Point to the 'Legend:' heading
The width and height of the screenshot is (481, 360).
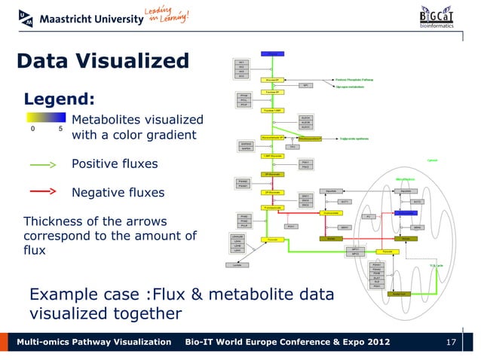60,99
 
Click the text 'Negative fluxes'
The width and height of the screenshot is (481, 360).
117,193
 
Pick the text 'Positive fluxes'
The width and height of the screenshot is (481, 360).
115,164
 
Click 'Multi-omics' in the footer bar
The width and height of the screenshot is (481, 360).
51,343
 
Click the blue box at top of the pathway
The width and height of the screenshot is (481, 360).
272,54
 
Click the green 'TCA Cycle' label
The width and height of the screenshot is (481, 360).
437,266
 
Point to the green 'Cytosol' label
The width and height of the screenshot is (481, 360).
432,160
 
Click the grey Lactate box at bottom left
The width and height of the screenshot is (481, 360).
237,264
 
